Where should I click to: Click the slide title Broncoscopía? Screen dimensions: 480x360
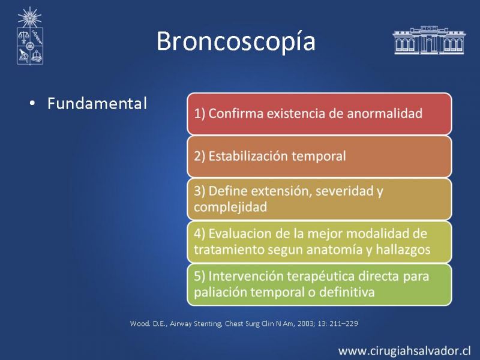tap(236, 41)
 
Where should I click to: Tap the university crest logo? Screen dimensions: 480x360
tap(29, 36)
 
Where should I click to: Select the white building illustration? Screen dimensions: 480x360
tap(429, 40)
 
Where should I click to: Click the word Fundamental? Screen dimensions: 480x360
tap(97, 103)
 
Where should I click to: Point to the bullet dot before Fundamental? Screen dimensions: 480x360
tap(32, 103)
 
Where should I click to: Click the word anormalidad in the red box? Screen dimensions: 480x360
tap(385, 113)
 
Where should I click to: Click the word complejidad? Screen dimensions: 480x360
tap(230, 207)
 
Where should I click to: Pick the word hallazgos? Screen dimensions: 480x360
tap(403, 250)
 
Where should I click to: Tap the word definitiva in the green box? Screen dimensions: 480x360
tap(347, 292)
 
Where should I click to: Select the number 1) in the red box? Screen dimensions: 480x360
tap(200, 114)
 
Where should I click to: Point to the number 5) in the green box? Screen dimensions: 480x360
tap(200, 277)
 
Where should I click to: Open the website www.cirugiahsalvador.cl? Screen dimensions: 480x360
tap(404, 351)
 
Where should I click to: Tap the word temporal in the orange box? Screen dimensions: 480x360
tap(319, 157)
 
